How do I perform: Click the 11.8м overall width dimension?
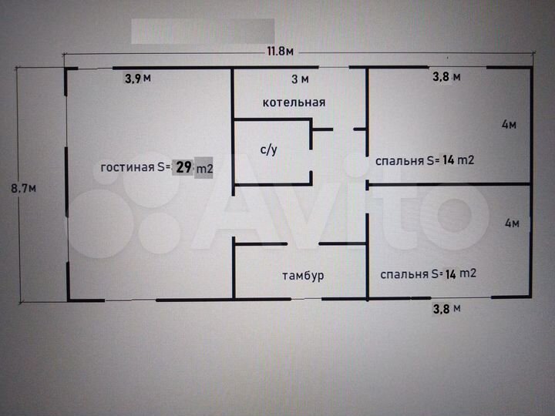coord(281,52)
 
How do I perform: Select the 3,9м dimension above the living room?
coord(137,78)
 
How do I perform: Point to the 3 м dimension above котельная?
coord(300,79)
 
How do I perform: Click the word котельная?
coord(294,102)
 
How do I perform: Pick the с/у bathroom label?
coord(268,150)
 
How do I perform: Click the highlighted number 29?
coord(183,167)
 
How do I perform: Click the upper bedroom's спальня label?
coord(399,161)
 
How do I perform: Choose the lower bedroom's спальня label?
coord(403,273)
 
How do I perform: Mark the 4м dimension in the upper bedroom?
coord(509,125)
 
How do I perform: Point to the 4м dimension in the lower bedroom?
coord(512,223)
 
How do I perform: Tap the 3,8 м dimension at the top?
coord(446,76)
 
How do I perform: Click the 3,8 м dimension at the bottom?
coord(446,310)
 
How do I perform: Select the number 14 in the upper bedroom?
coord(449,161)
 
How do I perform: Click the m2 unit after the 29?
coord(203,168)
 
